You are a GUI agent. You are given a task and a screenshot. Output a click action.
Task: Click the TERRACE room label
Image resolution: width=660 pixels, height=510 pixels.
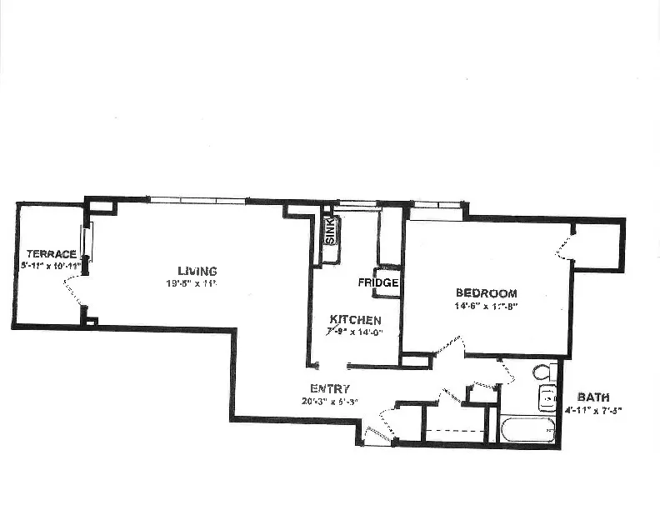52,253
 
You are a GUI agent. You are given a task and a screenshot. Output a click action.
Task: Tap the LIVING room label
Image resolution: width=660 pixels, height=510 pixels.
197,271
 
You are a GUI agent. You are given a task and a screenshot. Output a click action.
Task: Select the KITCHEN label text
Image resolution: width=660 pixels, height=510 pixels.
355,320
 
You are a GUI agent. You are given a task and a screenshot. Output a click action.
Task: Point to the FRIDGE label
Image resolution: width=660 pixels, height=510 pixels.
378,282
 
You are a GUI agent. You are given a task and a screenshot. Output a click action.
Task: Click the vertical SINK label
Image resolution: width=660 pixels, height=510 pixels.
329,232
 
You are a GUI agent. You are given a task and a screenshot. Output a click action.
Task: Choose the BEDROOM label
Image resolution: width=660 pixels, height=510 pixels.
486,293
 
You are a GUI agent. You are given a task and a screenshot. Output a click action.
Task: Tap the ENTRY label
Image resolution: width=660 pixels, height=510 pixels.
330,388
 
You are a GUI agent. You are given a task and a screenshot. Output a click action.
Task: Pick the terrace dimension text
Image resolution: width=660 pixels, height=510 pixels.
51,265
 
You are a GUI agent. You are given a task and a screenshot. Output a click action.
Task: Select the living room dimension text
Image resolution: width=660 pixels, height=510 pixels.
191,283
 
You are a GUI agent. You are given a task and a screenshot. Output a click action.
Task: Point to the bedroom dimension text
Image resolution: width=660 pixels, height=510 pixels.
486,306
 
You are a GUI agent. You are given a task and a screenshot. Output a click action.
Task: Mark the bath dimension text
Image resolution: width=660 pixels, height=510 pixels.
594,410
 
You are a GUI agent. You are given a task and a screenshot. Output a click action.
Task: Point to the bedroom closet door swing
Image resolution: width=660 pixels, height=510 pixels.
565,247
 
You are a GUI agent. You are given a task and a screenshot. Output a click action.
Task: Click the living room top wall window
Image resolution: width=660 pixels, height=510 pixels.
197,200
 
